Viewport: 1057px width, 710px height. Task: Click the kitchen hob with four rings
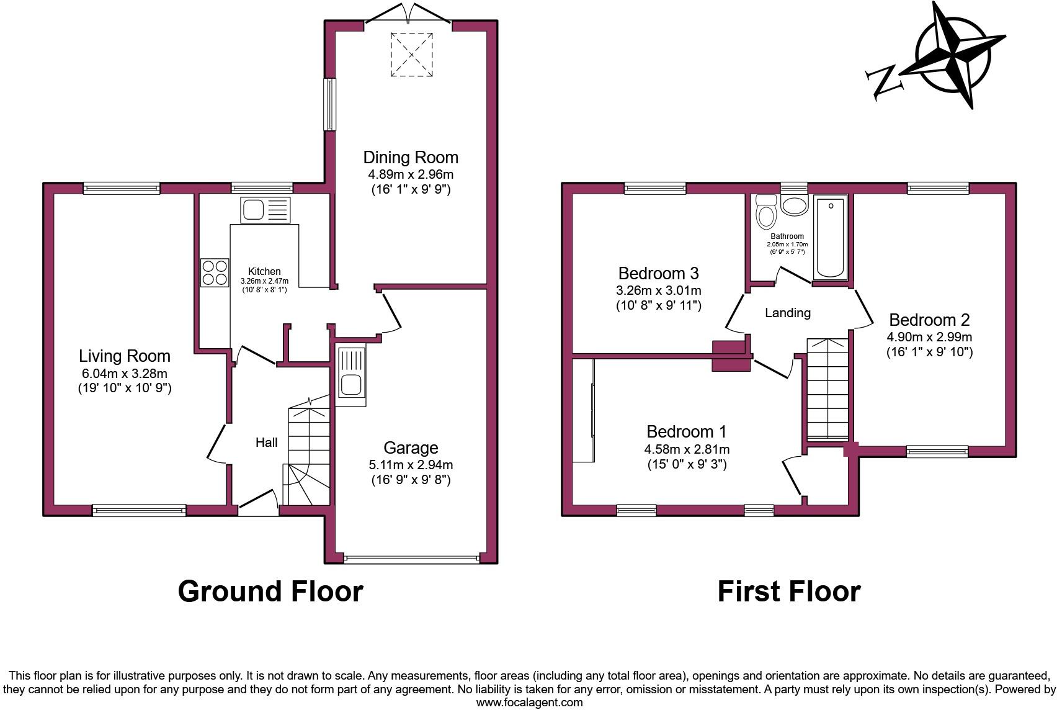(x=215, y=273)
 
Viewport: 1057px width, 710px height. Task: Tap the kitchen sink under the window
(x=265, y=210)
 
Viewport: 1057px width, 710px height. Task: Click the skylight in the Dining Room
(x=411, y=55)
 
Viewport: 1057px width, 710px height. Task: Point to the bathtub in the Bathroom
(x=830, y=237)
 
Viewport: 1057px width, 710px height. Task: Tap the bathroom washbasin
(x=794, y=205)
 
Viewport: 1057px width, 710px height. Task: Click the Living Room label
(x=125, y=356)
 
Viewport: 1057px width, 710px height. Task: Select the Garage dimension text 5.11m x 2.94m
(x=411, y=465)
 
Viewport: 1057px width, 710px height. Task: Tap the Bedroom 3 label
(x=658, y=273)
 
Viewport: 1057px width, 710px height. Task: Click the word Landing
(x=787, y=313)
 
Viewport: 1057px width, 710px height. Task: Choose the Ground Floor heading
(x=270, y=591)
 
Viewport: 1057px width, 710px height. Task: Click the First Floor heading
(x=788, y=591)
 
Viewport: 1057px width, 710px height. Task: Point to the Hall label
(x=267, y=443)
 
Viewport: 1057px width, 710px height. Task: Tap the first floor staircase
(x=827, y=390)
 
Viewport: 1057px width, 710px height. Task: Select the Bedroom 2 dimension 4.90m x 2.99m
(x=929, y=337)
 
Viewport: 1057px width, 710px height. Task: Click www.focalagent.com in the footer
(x=529, y=703)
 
